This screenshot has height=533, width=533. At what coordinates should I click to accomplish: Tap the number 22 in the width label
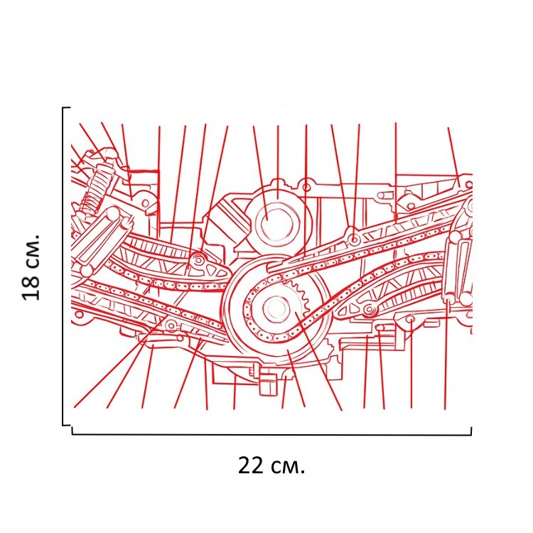[251, 465]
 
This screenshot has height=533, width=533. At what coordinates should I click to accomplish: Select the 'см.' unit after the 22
[289, 467]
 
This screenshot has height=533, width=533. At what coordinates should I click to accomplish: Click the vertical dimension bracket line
[63, 266]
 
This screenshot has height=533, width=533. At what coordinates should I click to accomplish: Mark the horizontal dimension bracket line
[271, 434]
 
